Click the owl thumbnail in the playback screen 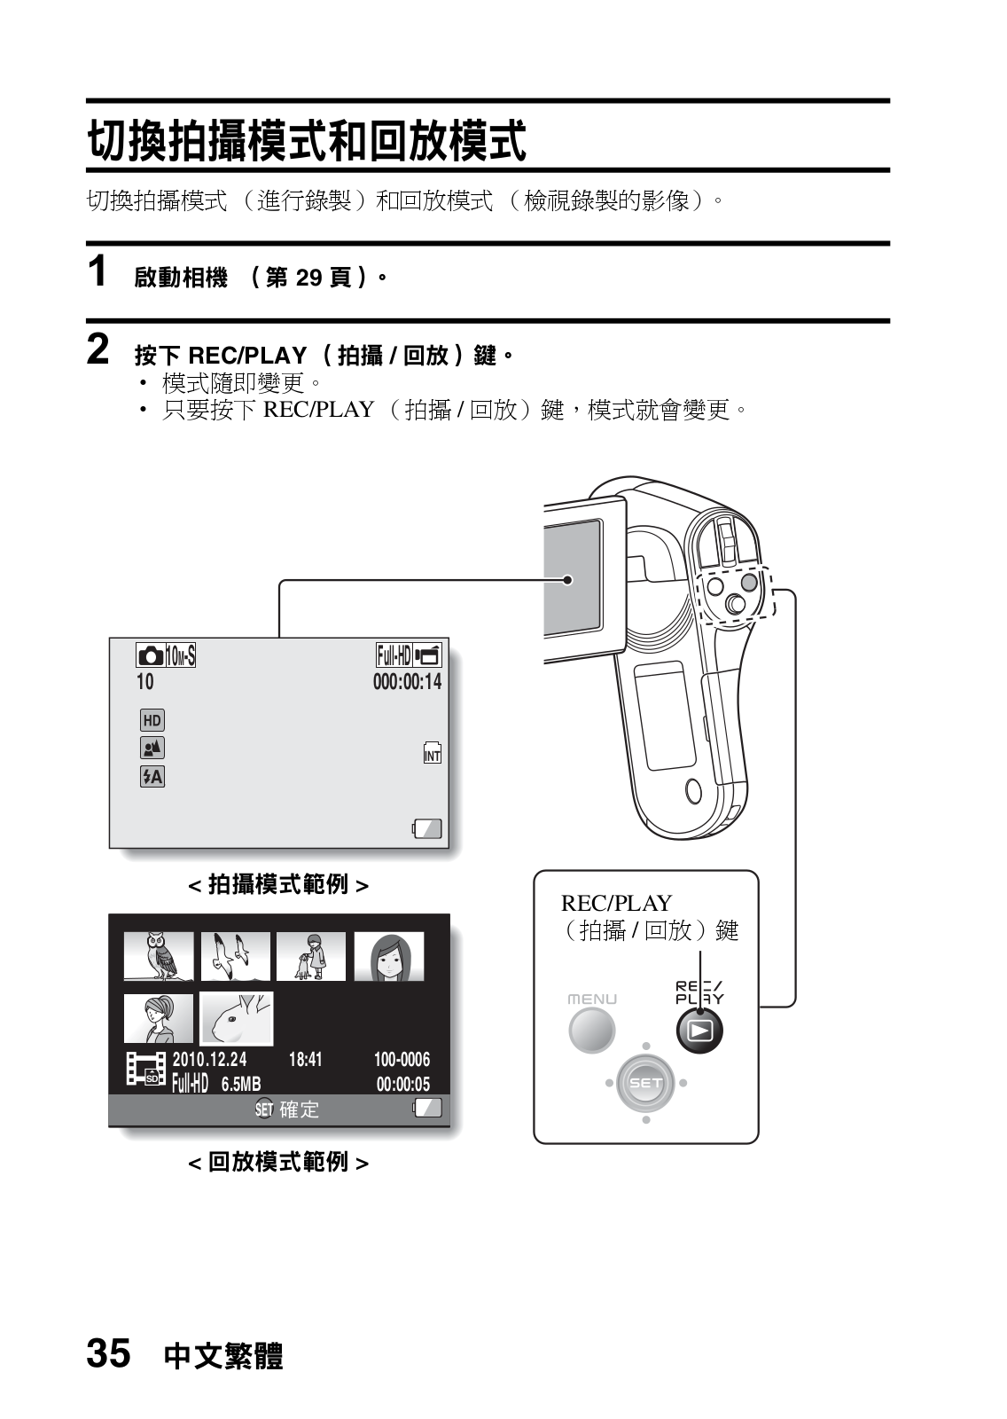coord(159,956)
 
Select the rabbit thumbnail coord(237,1019)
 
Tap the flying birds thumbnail coord(236,956)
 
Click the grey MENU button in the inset coord(591,1030)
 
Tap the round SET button coord(646,1083)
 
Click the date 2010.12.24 coord(209,1060)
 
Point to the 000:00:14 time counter coord(407,682)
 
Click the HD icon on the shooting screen coord(152,720)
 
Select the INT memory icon coord(432,753)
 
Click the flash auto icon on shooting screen coord(152,777)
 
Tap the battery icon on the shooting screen coord(427,829)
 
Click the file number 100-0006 coord(402,1060)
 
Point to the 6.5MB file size coord(241,1085)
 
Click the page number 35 coord(108,1354)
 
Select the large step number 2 coord(98,349)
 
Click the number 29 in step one coord(308,278)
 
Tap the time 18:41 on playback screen coord(306,1060)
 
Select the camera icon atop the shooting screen coord(151,656)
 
